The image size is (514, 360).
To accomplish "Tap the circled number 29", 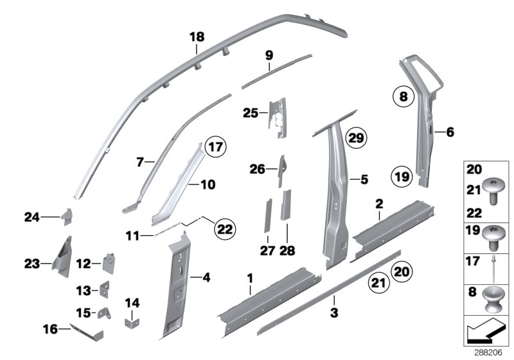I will pyautogui.click(x=355, y=137).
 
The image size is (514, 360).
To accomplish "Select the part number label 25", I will pyautogui.click(x=250, y=114).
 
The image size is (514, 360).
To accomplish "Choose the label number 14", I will pyautogui.click(x=131, y=302).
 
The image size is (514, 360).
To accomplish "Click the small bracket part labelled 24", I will pyautogui.click(x=66, y=216).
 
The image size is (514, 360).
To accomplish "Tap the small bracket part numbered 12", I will pyautogui.click(x=109, y=262).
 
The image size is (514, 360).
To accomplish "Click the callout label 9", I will pyautogui.click(x=269, y=56).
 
